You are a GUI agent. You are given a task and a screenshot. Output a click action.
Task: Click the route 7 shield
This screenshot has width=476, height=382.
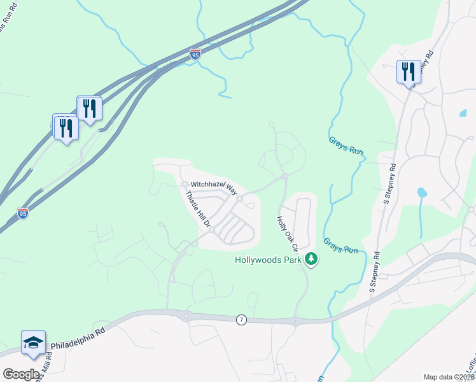(241, 319)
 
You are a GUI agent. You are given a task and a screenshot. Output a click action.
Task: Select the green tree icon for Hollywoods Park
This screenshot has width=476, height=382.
(311, 258)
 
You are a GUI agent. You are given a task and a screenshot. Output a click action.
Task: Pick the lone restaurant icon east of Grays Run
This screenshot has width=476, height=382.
(407, 71)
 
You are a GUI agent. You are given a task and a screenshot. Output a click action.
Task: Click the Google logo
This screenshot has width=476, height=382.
(21, 374)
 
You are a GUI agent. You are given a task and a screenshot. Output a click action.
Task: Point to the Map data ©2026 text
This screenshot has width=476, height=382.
(449, 377)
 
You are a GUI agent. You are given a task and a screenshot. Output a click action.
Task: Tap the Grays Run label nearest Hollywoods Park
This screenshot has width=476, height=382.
(340, 246)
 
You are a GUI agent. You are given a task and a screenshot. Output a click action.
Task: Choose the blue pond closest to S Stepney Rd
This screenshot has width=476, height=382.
(421, 192)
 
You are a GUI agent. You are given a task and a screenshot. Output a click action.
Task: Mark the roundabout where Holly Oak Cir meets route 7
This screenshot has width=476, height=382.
(295, 320)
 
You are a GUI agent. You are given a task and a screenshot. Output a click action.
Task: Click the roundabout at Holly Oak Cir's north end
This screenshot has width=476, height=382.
(285, 176)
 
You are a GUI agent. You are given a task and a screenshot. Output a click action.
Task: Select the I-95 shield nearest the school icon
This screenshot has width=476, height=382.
(23, 213)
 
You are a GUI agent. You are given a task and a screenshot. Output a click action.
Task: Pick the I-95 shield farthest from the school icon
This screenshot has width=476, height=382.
(195, 55)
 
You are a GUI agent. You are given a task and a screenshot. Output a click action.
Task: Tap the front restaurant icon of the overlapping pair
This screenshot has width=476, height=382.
(66, 128)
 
